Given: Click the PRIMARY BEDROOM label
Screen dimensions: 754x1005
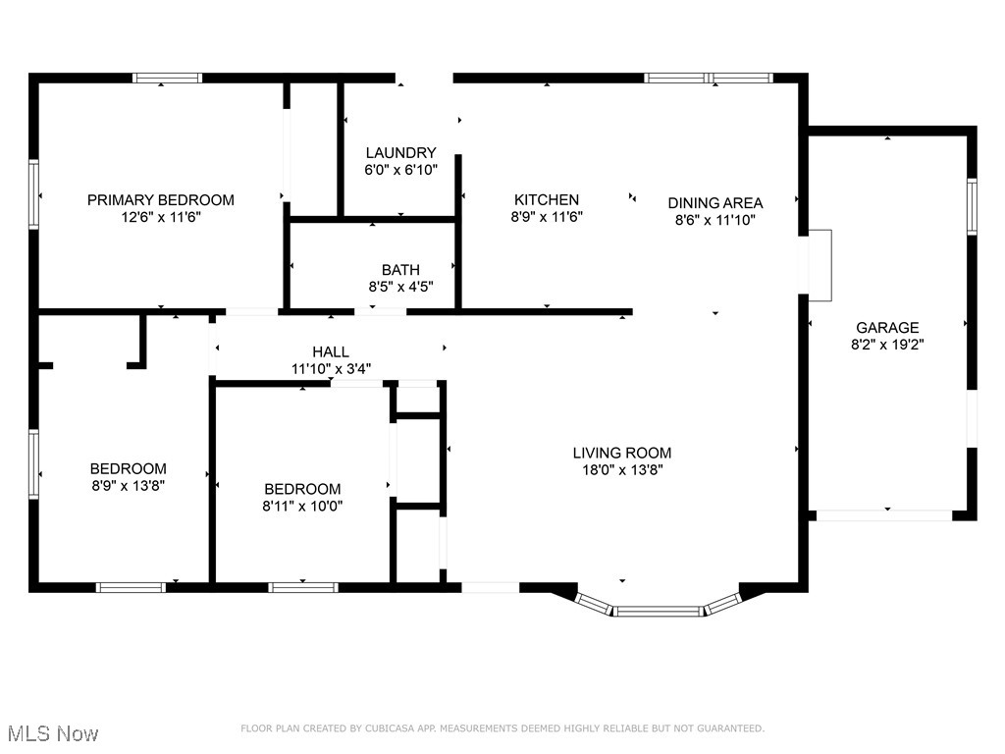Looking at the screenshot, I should [161, 200].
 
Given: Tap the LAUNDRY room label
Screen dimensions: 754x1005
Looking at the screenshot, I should [400, 153].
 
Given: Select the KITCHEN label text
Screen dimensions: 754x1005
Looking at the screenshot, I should [547, 200].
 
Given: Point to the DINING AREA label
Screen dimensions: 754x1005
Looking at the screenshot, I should [714, 203].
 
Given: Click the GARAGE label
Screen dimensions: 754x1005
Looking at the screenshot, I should [887, 328].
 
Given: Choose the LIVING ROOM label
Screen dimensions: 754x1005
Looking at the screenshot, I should [622, 453].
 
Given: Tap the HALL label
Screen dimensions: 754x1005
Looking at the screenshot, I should [330, 352].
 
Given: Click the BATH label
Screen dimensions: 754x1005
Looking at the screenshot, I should [400, 270].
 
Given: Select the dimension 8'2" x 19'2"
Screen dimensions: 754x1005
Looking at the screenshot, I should [887, 345].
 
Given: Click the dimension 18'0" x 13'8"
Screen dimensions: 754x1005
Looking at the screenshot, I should [622, 469].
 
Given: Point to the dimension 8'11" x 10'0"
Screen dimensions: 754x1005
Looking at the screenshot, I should [302, 506].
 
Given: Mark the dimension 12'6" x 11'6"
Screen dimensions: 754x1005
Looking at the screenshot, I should [161, 217].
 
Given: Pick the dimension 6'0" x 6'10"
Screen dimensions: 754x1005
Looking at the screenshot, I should [400, 170].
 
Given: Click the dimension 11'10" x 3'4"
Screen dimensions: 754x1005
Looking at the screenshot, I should [330, 369].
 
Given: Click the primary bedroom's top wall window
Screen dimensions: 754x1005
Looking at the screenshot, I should [168, 78].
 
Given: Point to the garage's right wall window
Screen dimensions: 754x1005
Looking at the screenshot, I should [972, 206].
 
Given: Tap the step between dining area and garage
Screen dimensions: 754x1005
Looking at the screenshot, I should [819, 264].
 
